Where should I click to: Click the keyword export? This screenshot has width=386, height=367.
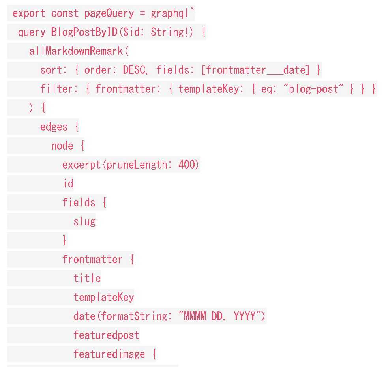[29, 13]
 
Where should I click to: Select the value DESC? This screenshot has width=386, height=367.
[134, 70]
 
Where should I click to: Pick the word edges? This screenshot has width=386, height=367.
[54, 127]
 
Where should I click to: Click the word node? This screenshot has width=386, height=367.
[62, 146]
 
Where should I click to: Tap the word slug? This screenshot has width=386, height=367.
[84, 222]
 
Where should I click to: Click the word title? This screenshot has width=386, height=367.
[87, 279]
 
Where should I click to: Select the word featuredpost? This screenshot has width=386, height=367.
[107, 335]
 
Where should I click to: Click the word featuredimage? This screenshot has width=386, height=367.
[109, 354]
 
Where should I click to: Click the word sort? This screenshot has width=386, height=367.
[51, 70]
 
